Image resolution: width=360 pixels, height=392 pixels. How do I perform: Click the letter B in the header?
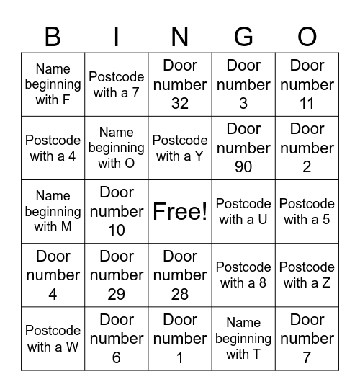coord(53,36)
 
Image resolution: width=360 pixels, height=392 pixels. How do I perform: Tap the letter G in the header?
coord(243,36)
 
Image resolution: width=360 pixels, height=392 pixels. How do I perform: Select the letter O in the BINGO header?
coord(307,36)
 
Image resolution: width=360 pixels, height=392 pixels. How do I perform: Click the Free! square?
coord(180,211)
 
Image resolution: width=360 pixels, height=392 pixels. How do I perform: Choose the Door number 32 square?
coord(180,84)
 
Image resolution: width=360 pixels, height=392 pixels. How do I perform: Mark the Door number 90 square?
coord(243,148)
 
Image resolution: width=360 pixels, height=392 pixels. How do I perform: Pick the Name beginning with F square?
coord(53,84)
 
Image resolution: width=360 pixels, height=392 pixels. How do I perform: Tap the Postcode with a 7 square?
coord(117,84)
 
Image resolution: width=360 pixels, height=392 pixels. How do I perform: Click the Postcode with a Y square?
coord(180,148)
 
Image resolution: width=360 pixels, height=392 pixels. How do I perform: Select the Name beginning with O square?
coord(117,148)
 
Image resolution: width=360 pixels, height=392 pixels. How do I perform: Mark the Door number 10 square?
coord(117,211)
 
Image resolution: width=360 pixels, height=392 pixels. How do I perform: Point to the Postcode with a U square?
coord(243,211)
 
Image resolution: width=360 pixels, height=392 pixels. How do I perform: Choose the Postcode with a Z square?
coord(307,275)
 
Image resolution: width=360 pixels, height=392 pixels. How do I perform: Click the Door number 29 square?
coord(117,275)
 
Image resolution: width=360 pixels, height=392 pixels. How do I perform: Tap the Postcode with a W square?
coord(53,339)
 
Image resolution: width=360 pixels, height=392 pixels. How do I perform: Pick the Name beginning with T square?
coord(243,339)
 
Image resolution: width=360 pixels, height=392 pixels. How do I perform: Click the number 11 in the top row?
coord(307,103)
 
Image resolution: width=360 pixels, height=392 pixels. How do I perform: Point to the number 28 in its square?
coord(180,294)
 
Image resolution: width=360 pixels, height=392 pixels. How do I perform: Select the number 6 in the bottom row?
coord(117,357)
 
